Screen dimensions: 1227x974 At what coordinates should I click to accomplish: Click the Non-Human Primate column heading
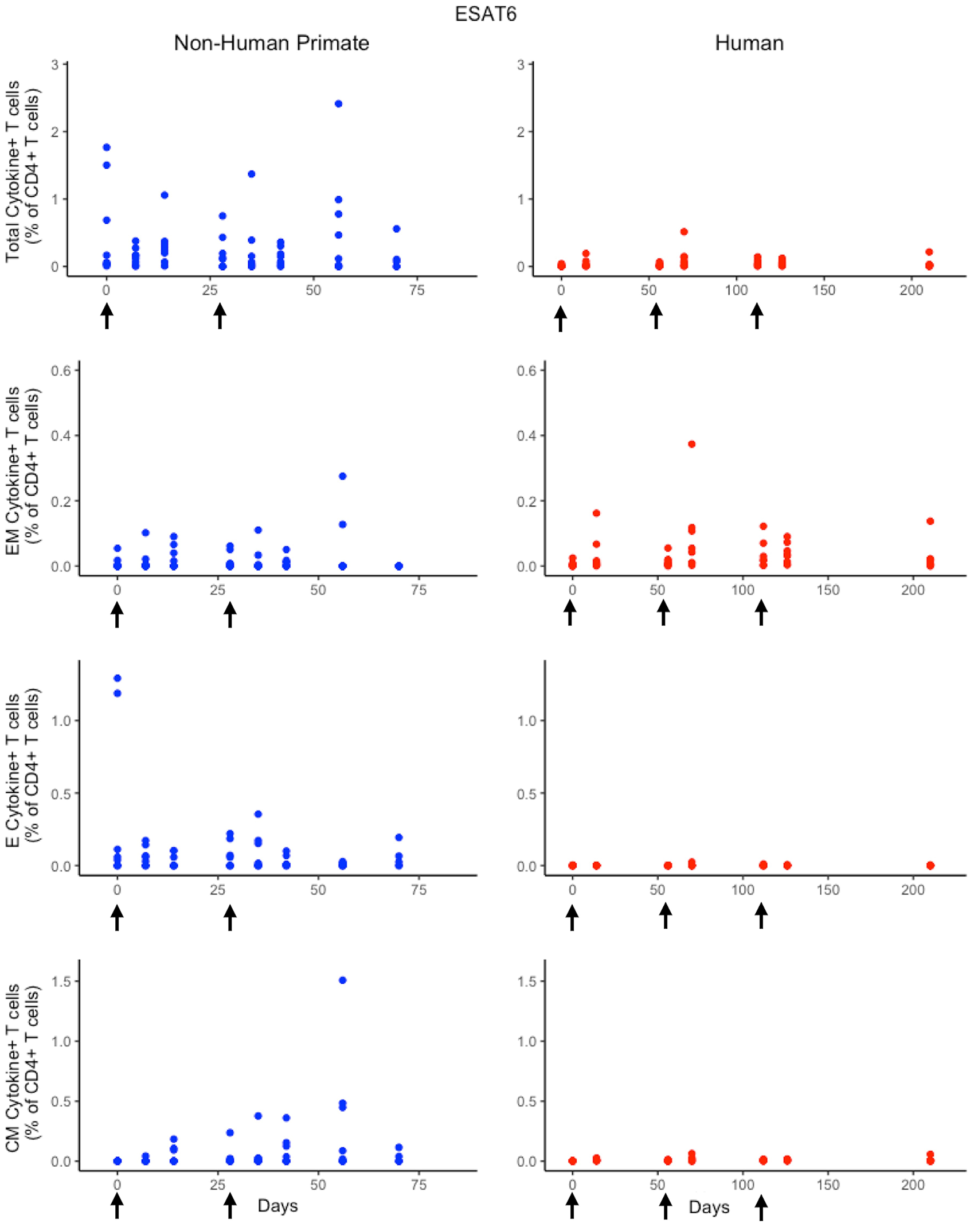(x=271, y=43)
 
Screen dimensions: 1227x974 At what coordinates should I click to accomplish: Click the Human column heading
(x=749, y=43)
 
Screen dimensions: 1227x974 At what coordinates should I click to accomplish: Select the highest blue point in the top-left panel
(x=338, y=104)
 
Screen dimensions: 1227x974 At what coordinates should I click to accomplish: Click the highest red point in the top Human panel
(x=684, y=232)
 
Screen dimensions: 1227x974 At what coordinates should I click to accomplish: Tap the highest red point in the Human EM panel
(x=692, y=444)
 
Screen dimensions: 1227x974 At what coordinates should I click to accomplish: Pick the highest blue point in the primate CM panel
(x=343, y=980)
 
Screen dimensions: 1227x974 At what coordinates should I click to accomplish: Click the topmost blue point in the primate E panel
(x=118, y=678)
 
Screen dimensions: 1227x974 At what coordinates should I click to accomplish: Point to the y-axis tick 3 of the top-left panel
(x=55, y=65)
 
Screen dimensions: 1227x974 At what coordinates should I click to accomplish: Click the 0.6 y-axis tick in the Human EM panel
(x=526, y=371)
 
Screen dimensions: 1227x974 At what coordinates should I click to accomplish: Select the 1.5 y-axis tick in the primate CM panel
(x=61, y=981)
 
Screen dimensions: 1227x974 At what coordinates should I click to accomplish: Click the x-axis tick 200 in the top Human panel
(x=911, y=290)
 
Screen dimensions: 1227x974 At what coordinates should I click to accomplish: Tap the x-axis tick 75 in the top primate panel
(x=417, y=290)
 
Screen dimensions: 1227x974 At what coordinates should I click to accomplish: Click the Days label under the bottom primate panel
(x=277, y=1206)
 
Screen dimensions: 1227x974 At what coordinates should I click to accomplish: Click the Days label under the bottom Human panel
(x=709, y=1207)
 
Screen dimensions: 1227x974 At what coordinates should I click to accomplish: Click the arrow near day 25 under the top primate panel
(x=220, y=316)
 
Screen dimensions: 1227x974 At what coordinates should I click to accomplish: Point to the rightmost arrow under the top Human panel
(x=757, y=316)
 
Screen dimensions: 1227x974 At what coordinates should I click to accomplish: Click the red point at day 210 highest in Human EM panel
(x=930, y=521)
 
